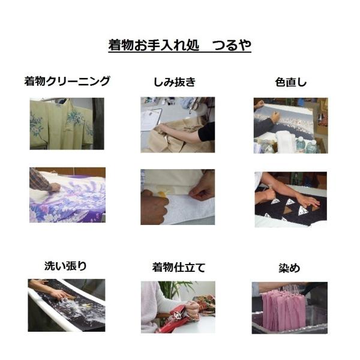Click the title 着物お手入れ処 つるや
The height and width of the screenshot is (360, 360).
[180, 45]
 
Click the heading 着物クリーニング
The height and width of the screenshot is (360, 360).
[67, 81]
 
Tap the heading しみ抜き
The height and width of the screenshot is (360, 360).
[175, 82]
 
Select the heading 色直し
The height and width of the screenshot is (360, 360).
[291, 82]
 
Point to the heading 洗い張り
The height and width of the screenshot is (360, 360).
[65, 266]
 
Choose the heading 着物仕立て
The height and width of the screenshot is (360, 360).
[179, 268]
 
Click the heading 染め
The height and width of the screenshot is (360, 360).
[289, 268]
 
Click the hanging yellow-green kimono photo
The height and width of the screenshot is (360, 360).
[67, 124]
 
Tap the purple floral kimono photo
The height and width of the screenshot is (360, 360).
[67, 195]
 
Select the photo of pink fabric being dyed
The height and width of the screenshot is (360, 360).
[290, 308]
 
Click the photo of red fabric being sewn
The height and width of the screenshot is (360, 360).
[178, 307]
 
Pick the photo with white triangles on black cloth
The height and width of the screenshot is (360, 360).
[290, 200]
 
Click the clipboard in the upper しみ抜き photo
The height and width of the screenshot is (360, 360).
[151, 120]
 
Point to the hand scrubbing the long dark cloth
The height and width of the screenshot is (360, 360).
[60, 295]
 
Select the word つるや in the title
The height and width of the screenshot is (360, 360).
[232, 45]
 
